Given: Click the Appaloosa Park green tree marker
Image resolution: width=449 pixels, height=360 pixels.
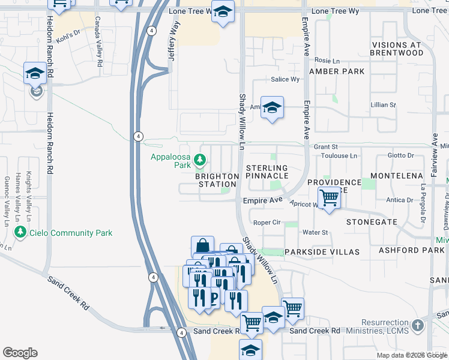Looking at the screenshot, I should point(200,160).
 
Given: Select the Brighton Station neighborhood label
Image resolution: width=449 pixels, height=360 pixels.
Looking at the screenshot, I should point(217,180).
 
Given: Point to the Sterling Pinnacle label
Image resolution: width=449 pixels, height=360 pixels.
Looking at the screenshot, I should point(267,172).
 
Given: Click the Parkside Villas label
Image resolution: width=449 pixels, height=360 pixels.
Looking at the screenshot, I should point(322,251).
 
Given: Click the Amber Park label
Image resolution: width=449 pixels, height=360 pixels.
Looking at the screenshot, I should point(337,71).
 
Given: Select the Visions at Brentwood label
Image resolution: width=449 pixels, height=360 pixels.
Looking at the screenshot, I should point(406,49).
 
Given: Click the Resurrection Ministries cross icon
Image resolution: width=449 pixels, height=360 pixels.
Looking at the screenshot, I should point(418,326).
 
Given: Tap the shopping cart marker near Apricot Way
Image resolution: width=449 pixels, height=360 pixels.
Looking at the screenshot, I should point(329,197).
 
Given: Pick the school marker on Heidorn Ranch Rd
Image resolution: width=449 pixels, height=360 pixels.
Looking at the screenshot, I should point(35,74).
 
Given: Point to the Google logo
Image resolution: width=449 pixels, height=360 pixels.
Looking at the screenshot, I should point(20,353).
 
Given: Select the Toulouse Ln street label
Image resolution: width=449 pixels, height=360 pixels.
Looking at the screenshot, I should point(337,156).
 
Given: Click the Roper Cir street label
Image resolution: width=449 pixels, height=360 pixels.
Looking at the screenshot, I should point(267,222).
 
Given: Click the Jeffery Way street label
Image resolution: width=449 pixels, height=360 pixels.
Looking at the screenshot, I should point(175,41).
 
